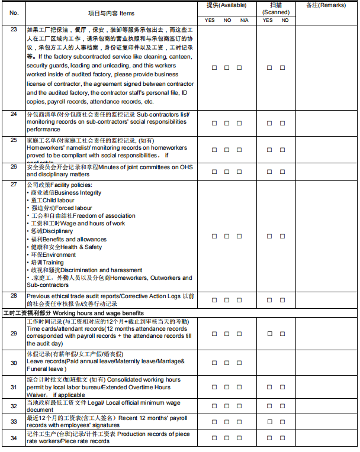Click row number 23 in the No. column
click(x=14, y=28)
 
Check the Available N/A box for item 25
click(x=239, y=150)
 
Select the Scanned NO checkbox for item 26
click(x=285, y=172)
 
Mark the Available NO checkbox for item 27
click(x=227, y=236)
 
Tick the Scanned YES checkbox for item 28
click(x=268, y=299)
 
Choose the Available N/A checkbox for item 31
click(x=239, y=388)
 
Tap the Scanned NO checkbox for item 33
click(x=285, y=421)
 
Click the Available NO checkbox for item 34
click(x=227, y=438)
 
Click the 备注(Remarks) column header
click(x=326, y=5)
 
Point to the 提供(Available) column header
click(x=227, y=5)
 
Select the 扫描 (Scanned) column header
click(x=276, y=8)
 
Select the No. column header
click(x=14, y=12)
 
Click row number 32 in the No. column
click(x=14, y=406)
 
